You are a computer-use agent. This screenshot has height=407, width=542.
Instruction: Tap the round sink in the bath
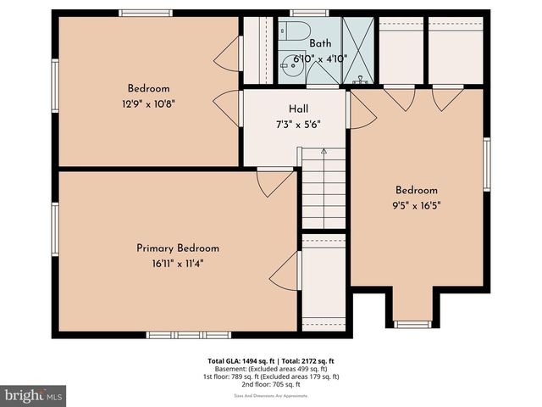[x=296, y=62]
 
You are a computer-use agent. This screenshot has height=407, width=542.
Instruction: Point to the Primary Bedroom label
[x=178, y=248]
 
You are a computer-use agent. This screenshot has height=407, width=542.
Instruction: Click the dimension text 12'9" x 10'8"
[x=148, y=103]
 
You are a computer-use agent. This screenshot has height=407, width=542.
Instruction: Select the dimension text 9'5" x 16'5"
[x=416, y=204]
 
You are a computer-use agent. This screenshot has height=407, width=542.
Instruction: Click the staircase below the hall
[x=324, y=187]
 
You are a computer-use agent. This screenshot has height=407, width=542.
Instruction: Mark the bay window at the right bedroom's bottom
[x=412, y=324]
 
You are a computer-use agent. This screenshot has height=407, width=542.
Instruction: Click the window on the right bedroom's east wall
[x=487, y=164]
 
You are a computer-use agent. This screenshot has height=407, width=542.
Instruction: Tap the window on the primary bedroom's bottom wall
[x=177, y=335]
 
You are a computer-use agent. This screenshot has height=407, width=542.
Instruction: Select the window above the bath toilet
[x=308, y=13]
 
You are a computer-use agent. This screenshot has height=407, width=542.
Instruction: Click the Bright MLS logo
[x=34, y=395]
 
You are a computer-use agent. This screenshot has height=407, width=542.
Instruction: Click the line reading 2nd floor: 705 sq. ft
[x=271, y=384]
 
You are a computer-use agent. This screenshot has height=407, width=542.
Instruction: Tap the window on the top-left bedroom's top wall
[x=146, y=13]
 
